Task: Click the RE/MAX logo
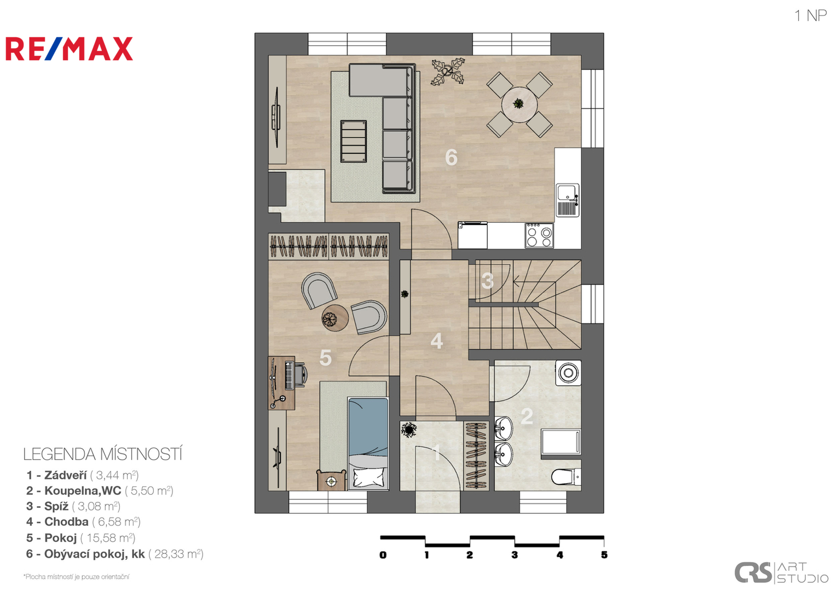coord(69,49)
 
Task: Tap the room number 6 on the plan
coord(451,157)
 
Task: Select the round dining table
coord(519,104)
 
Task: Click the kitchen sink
coord(568,200)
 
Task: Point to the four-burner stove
coord(539,235)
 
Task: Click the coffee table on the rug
coord(353,141)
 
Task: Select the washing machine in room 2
coord(568,373)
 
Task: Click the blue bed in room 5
coord(368,443)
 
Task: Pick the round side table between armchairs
coord(335,318)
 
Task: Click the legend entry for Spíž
coord(73,506)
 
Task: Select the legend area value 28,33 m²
coord(176,554)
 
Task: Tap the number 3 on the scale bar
coord(515,555)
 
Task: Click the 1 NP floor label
coord(810,16)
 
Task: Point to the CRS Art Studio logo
coord(781,572)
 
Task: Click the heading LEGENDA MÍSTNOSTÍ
coord(103,454)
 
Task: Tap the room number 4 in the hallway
coord(436,341)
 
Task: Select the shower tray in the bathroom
coord(561,442)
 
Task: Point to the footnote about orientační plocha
coord(76,577)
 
